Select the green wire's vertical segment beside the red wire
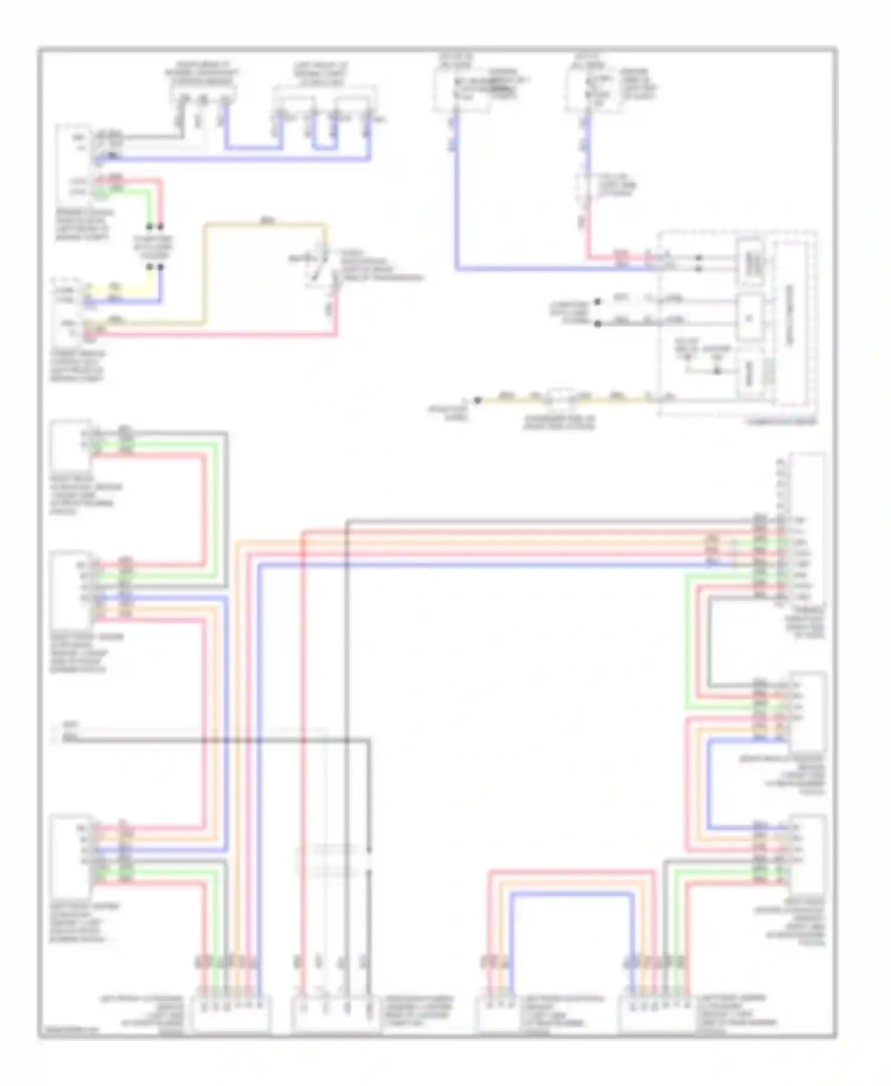(151, 205)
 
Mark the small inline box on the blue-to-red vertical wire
(585, 187)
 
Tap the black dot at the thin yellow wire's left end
(476, 400)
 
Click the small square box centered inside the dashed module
(749, 318)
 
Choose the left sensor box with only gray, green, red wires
(70, 446)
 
